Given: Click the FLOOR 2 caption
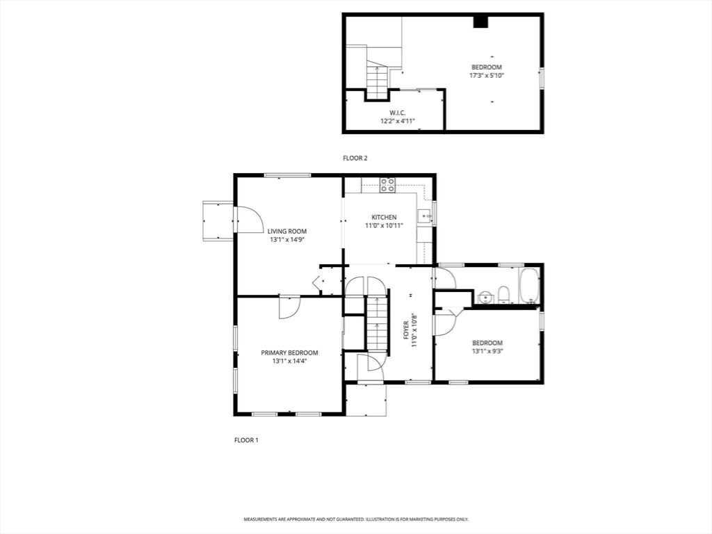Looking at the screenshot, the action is tap(355, 158).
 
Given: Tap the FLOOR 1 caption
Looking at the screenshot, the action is tap(246, 440).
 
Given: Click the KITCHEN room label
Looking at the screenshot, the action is tap(384, 218).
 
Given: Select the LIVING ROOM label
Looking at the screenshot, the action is tap(287, 231).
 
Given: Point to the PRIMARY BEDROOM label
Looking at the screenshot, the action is tap(289, 353).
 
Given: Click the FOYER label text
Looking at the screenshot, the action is tap(406, 330).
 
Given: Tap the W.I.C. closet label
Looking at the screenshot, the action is tap(397, 113).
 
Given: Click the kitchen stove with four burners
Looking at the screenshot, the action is tap(387, 185).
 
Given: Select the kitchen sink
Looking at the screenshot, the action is tap(424, 217).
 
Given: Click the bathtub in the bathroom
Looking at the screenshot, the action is tap(529, 286).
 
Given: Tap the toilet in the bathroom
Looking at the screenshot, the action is tap(503, 295).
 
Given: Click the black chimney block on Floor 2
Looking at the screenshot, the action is tap(480, 22).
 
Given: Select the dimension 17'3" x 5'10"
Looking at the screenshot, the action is tap(486, 75).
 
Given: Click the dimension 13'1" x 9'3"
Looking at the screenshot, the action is tap(487, 351).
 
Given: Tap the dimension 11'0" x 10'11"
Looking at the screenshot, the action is tap(384, 225).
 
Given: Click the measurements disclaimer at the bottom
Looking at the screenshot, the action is tap(356, 519).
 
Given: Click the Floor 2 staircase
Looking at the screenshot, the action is tap(378, 82).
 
